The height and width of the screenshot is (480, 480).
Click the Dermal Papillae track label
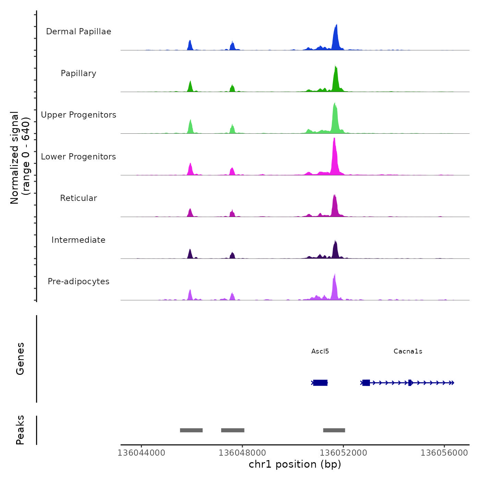pos(79,32)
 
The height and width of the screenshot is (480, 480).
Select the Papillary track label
pos(79,73)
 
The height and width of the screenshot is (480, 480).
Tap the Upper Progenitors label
pos(79,115)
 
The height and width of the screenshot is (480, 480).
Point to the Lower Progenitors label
pos(79,157)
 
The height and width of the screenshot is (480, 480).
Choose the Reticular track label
pos(79,198)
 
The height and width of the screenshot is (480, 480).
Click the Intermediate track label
pos(79,240)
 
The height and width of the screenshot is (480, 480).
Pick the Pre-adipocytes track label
pos(79,281)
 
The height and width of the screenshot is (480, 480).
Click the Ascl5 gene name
pos(320,351)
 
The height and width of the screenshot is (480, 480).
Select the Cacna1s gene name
pos(408,351)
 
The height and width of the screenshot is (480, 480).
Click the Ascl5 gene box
pos(320,383)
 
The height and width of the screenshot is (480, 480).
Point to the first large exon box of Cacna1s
pos(366,383)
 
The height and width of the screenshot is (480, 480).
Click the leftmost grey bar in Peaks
pos(191,430)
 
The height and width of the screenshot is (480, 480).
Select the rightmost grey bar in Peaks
pos(334,430)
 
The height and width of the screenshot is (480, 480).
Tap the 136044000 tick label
pos(141,453)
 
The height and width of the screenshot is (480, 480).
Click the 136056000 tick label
pos(444,453)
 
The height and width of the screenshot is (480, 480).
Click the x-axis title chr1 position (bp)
pos(295,464)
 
